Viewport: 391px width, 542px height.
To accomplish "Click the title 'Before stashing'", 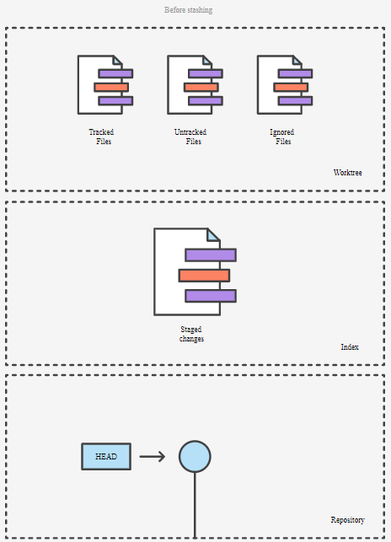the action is coord(189,10).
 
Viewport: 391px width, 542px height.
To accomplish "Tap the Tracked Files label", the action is coord(102,137).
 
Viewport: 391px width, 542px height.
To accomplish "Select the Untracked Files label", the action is coord(190,137).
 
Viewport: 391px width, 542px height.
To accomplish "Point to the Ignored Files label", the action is coord(282,137).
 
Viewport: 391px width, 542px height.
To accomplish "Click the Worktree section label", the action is coord(348,173).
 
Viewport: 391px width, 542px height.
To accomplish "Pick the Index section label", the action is coord(350,346).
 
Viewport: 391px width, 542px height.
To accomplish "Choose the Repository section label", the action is coord(348,520).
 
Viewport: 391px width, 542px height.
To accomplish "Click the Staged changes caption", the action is coord(191,334).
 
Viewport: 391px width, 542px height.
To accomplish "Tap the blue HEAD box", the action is coord(106,457).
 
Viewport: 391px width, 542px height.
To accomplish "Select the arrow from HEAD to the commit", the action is coord(153,457).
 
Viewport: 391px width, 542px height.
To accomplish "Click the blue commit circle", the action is coord(195,457).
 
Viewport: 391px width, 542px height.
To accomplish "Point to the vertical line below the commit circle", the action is coord(195,506).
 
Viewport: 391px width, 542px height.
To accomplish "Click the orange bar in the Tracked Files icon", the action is coord(111,87).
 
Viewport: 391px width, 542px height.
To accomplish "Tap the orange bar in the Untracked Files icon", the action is coord(201,87).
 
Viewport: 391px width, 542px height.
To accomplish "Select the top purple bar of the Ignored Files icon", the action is coord(296,73).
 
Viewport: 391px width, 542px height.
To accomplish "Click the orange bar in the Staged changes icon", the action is coord(204,276).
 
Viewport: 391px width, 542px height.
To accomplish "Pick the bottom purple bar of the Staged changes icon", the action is coord(211,296).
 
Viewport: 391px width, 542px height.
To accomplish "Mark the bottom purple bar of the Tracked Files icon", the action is coord(115,101).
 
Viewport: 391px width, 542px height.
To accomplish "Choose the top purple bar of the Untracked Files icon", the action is coord(206,73).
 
